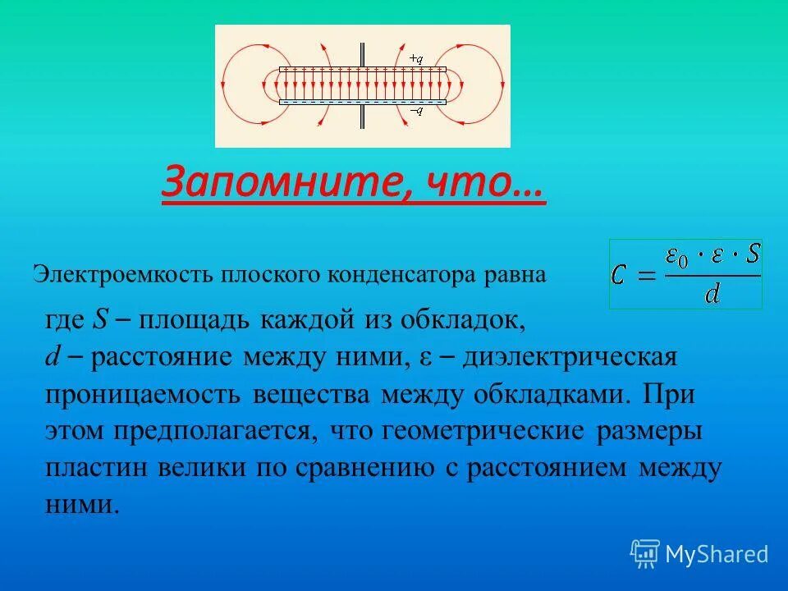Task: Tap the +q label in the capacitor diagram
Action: [x=415, y=59]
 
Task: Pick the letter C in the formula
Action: [x=621, y=275]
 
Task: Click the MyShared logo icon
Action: [x=645, y=554]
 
